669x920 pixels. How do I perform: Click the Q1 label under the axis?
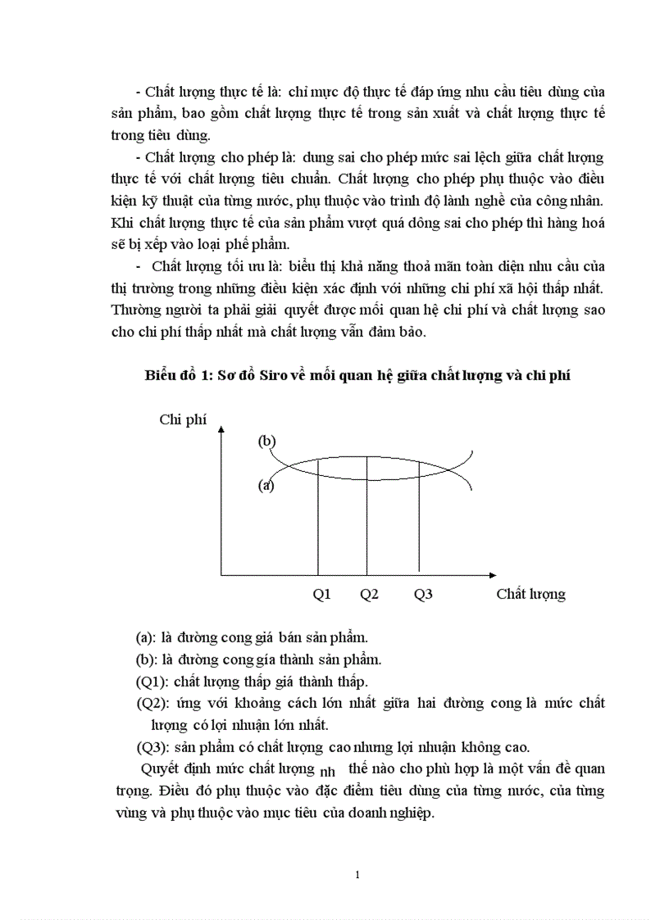point(321,595)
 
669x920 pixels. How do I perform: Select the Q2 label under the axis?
point(369,595)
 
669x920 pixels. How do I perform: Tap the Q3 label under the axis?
point(422,595)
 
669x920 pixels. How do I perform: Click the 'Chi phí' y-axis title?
point(183,420)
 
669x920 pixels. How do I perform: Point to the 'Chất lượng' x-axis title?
point(530,595)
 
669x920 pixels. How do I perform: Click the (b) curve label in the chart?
point(266,442)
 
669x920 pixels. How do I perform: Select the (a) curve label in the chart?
point(266,485)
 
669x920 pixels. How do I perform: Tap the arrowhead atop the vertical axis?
point(221,433)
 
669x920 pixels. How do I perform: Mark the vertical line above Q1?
point(318,524)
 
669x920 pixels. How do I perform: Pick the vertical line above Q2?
point(366,524)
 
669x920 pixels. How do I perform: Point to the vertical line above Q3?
point(419,524)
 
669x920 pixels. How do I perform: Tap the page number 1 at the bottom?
point(357,875)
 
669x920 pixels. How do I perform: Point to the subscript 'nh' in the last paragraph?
point(327,773)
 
